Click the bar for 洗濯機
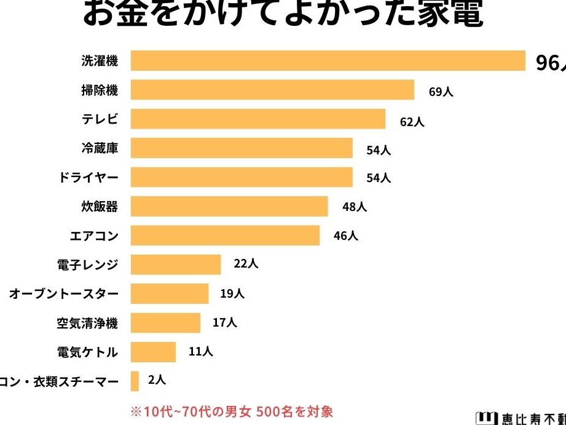pos(328,61)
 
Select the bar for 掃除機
pos(272,90)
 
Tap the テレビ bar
pos(258,119)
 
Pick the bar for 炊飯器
pos(229,207)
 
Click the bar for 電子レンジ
pos(176,264)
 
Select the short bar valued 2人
pos(135,381)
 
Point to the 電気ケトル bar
pos(153,352)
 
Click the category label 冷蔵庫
pos(99,148)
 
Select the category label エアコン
pos(93,236)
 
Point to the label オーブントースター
pos(63,294)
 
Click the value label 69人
pos(441,92)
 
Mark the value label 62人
pos(412,121)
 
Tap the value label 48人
pos(354,207)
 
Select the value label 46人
pos(345,236)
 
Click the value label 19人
pos(232,293)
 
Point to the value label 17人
pos(224,322)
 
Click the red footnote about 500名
pos(231,411)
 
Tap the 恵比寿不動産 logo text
pos(521,416)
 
